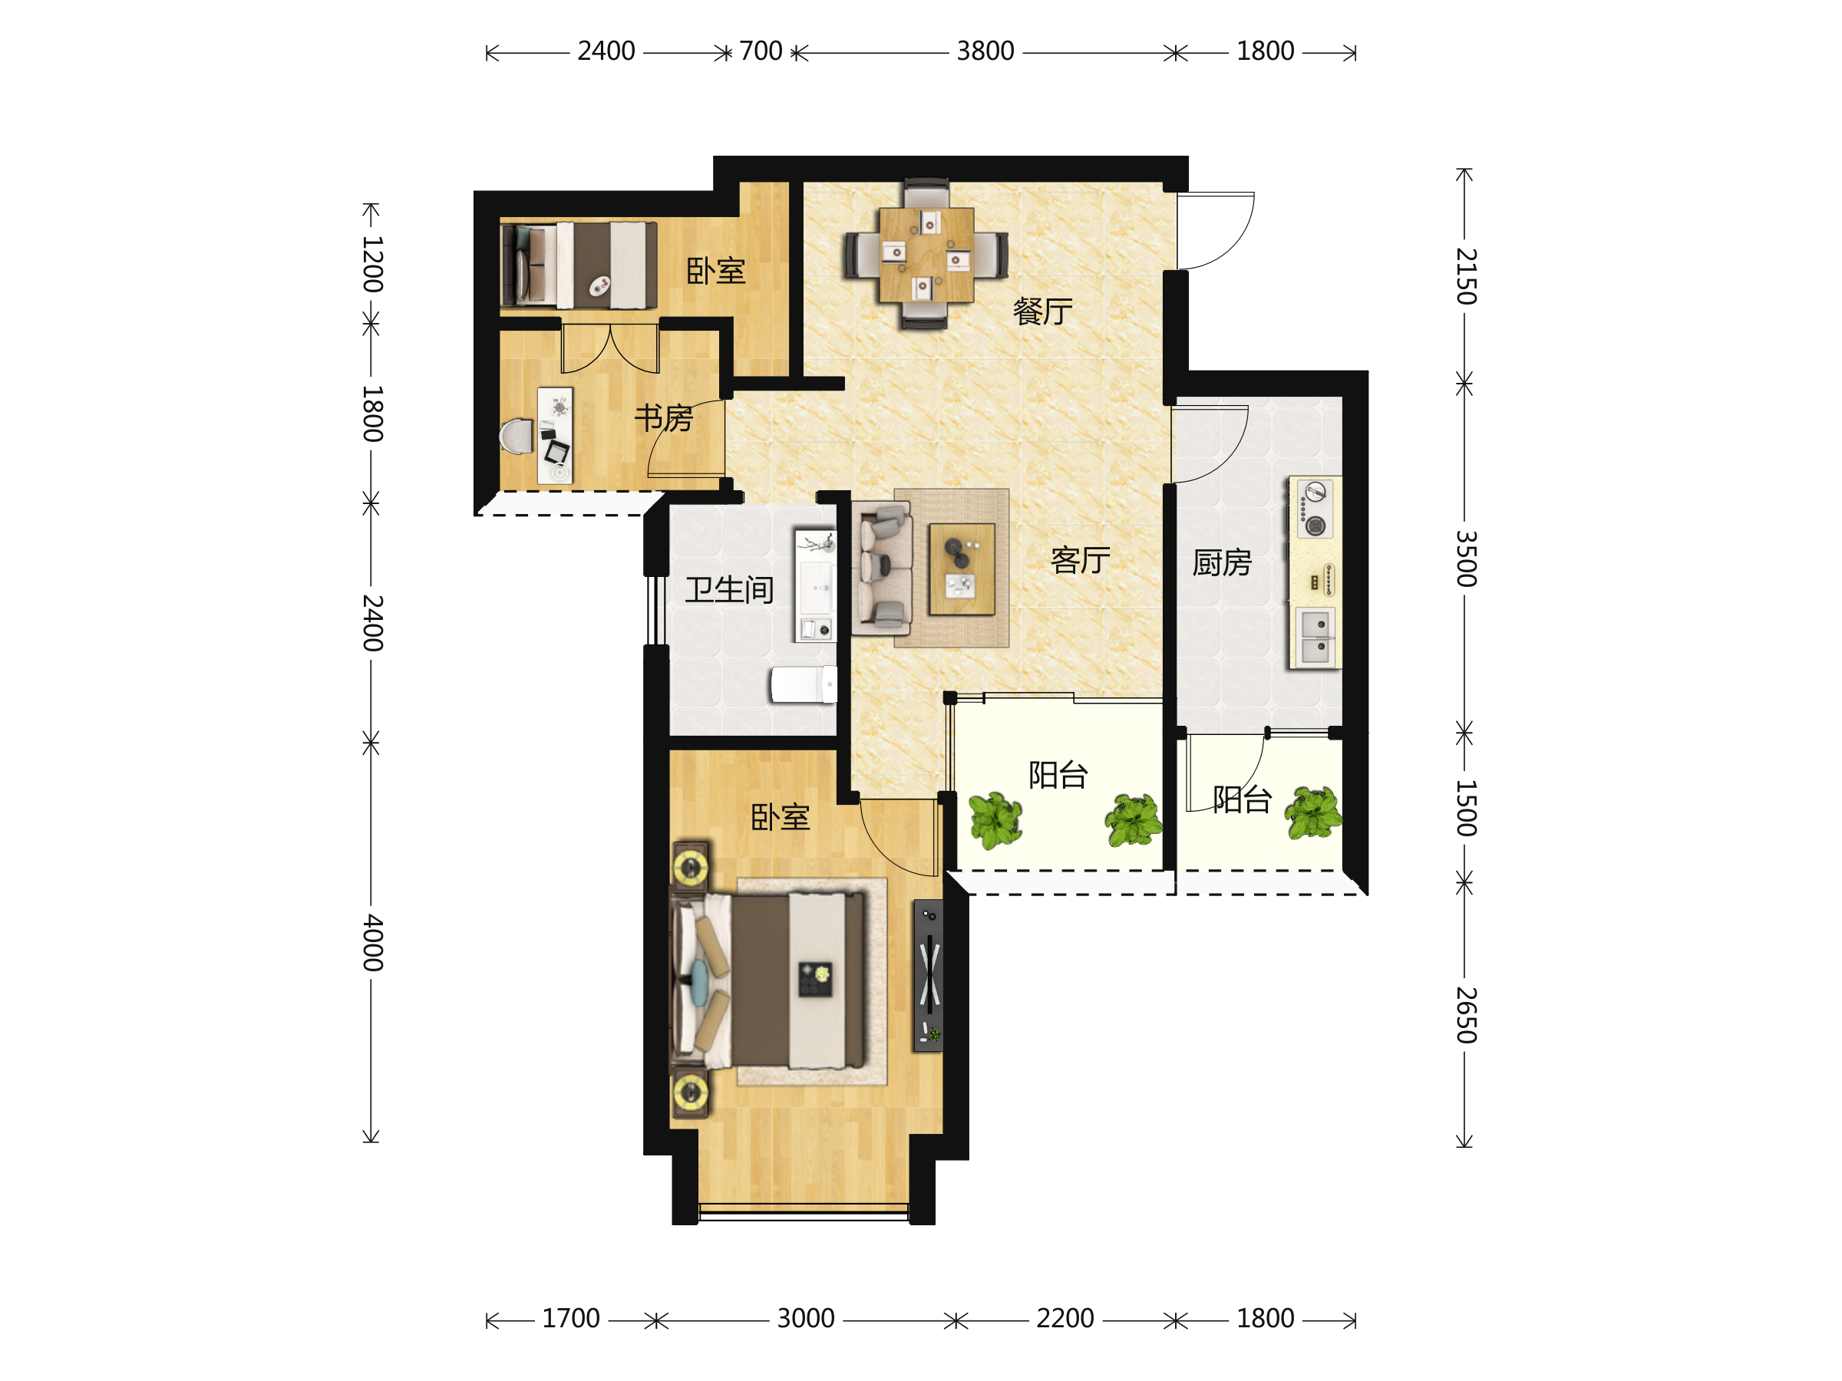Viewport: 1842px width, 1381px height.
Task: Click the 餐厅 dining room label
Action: [1042, 311]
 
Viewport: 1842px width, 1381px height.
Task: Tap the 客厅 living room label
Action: [1080, 560]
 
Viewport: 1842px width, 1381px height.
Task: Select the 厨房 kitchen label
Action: [1222, 562]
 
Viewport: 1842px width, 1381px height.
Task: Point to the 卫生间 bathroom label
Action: [729, 589]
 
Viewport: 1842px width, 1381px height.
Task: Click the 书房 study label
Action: [664, 418]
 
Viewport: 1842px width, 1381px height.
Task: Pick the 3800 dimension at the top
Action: [985, 51]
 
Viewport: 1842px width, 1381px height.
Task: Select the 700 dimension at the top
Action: [761, 51]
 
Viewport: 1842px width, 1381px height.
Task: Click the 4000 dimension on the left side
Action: [372, 943]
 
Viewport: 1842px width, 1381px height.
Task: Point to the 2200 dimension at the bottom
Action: [1065, 1319]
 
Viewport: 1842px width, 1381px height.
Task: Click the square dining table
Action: [926, 255]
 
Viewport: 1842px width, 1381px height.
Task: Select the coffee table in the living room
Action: [962, 569]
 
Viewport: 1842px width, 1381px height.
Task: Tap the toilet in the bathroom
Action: [804, 684]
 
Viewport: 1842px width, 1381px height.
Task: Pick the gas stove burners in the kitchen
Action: [1315, 509]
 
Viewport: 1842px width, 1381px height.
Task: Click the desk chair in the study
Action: [517, 437]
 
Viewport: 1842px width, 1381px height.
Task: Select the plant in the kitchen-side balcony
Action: [1313, 812]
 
